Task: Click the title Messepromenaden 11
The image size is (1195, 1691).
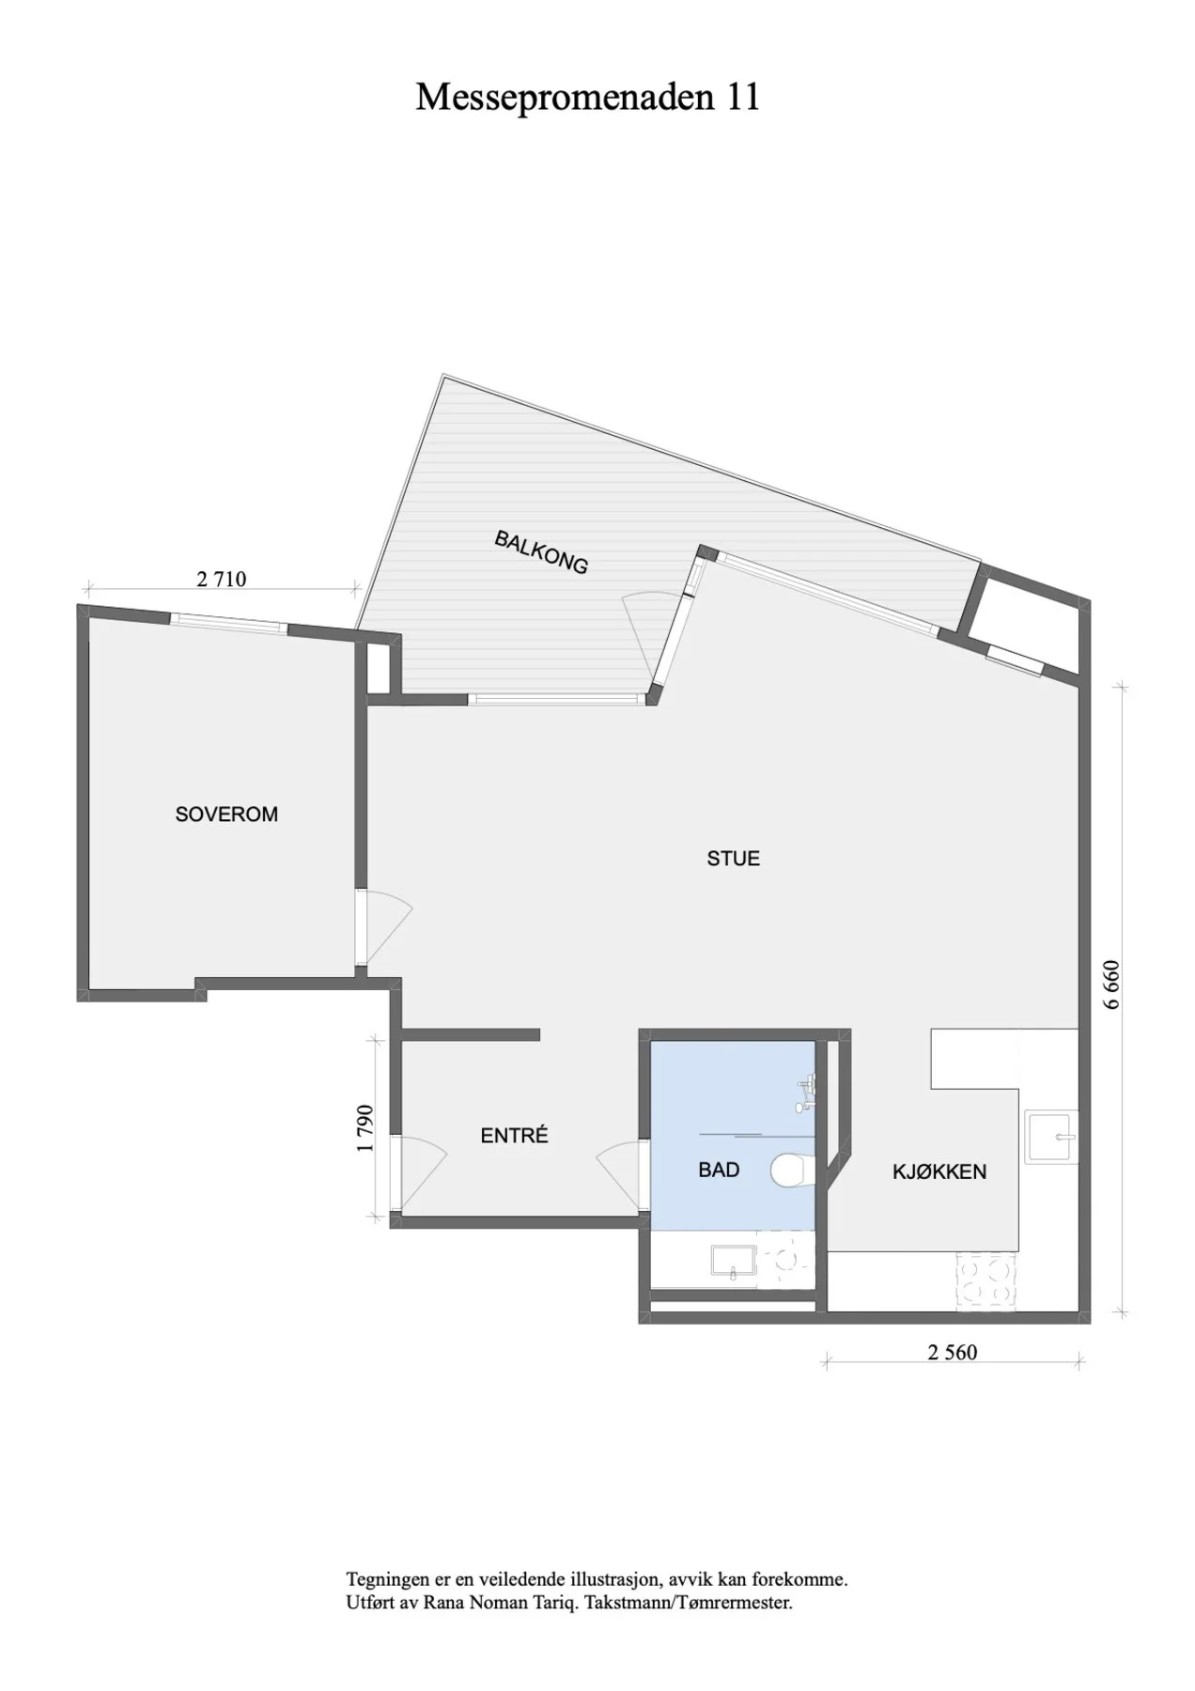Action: point(587,97)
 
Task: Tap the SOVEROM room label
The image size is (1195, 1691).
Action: point(226,814)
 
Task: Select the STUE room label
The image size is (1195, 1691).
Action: point(734,858)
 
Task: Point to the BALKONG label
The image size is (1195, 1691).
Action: point(542,552)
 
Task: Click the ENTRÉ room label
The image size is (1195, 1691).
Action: point(514,1135)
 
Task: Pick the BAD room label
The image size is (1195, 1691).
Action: point(719,1170)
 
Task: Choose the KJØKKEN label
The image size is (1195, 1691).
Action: point(939,1171)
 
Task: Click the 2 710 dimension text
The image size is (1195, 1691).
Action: point(222,579)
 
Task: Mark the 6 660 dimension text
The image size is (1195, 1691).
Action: point(1113,984)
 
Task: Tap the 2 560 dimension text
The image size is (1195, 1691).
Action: point(953,1352)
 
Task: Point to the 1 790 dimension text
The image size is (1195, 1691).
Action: point(366,1127)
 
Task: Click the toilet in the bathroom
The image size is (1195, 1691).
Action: point(792,1171)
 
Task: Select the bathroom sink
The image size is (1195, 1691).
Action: point(734,1262)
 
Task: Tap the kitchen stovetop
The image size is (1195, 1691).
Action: point(986,1281)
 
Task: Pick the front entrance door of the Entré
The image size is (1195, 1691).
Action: point(421,1175)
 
